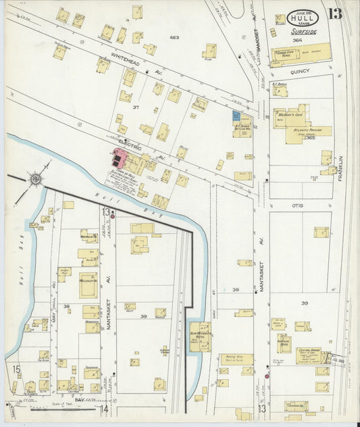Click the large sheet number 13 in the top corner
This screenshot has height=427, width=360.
(335, 15)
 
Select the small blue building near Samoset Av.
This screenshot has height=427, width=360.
(236, 116)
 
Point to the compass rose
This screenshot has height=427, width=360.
(34, 180)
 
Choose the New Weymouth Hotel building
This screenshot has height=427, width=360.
(199, 336)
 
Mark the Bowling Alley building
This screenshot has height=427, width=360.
(236, 359)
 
